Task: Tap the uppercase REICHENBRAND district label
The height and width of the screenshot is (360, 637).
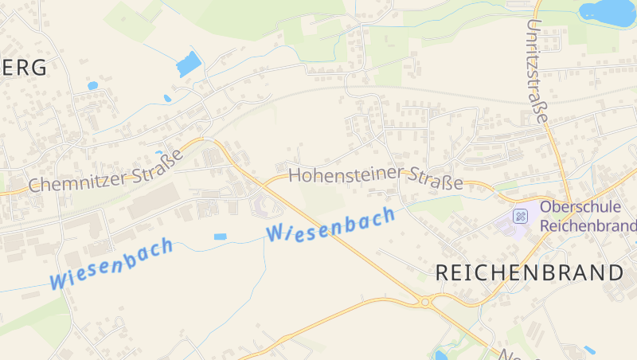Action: [x=530, y=272]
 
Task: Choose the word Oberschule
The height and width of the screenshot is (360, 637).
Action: [x=578, y=207]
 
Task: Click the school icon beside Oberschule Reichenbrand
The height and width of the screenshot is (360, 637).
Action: [x=519, y=215]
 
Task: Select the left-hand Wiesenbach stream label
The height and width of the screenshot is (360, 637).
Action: [x=111, y=264]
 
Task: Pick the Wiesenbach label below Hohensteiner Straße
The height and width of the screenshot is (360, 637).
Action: [x=331, y=224]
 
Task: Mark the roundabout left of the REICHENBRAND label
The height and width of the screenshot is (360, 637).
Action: [x=425, y=302]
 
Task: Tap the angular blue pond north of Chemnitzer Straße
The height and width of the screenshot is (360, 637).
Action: [x=189, y=64]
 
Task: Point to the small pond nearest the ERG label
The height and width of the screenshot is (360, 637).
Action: [x=92, y=85]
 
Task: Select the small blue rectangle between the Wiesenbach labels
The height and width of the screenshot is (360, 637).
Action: [x=220, y=237]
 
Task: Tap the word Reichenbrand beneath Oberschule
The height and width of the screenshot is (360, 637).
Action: [x=588, y=225]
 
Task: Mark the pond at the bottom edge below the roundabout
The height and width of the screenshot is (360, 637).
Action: [x=440, y=355]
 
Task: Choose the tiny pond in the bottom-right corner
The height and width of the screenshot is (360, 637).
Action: [x=589, y=350]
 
